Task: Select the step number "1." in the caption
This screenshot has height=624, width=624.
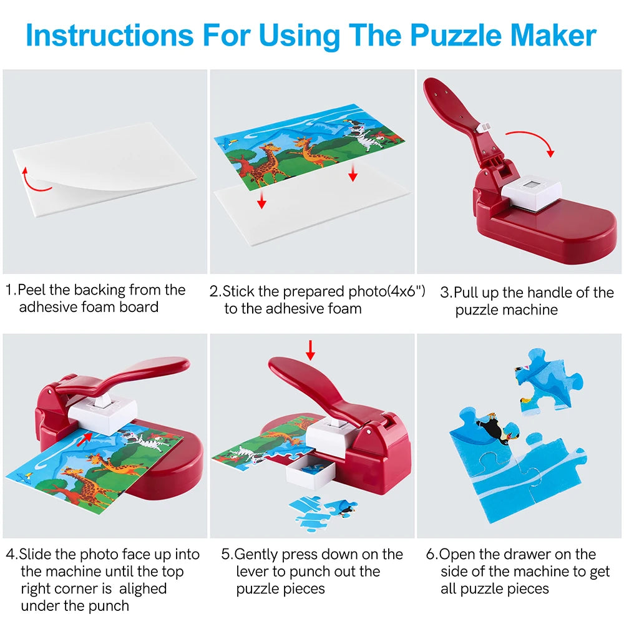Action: point(11,290)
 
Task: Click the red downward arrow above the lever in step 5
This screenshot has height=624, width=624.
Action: point(310,350)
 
